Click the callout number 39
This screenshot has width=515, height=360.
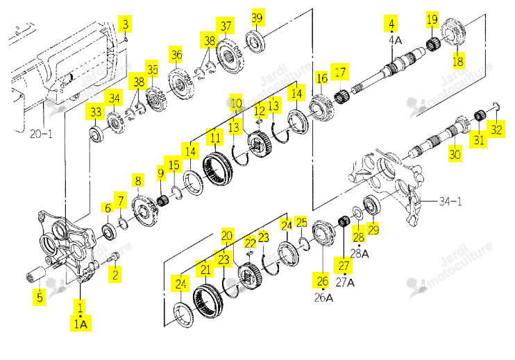coord(257,17)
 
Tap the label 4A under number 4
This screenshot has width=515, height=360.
coord(395,40)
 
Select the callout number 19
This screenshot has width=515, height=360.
coord(432,19)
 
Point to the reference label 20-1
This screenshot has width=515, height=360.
coord(41,134)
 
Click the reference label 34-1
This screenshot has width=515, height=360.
coord(450,201)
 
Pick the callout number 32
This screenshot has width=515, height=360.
coord(496,129)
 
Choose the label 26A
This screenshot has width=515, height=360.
coord(323,298)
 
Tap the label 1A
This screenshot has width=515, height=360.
coord(81,324)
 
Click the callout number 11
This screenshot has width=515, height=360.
coord(215,137)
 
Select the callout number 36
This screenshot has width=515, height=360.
coord(176,55)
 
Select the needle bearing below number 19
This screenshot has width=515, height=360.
coord(434,43)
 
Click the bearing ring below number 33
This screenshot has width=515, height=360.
coord(96,135)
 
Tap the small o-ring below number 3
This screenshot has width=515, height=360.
coord(126,40)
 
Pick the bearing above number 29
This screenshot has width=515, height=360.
coord(372,205)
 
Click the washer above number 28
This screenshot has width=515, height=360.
coord(357,213)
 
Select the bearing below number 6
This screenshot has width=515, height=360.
coord(109,231)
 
